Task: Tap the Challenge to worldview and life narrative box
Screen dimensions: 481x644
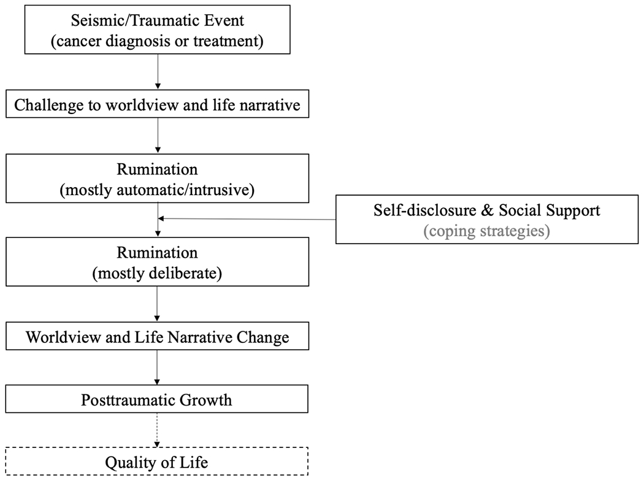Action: [158, 106]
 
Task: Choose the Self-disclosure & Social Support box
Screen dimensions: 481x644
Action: [487, 219]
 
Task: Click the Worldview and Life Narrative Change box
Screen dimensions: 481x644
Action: [158, 337]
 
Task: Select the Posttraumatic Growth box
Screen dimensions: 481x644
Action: [158, 400]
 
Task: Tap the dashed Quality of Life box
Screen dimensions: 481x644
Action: [158, 462]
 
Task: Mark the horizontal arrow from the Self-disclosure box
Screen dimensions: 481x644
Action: [245, 219]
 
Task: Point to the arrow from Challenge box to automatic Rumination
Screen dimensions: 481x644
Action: [158, 135]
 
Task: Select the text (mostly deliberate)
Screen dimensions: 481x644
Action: [158, 272]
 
